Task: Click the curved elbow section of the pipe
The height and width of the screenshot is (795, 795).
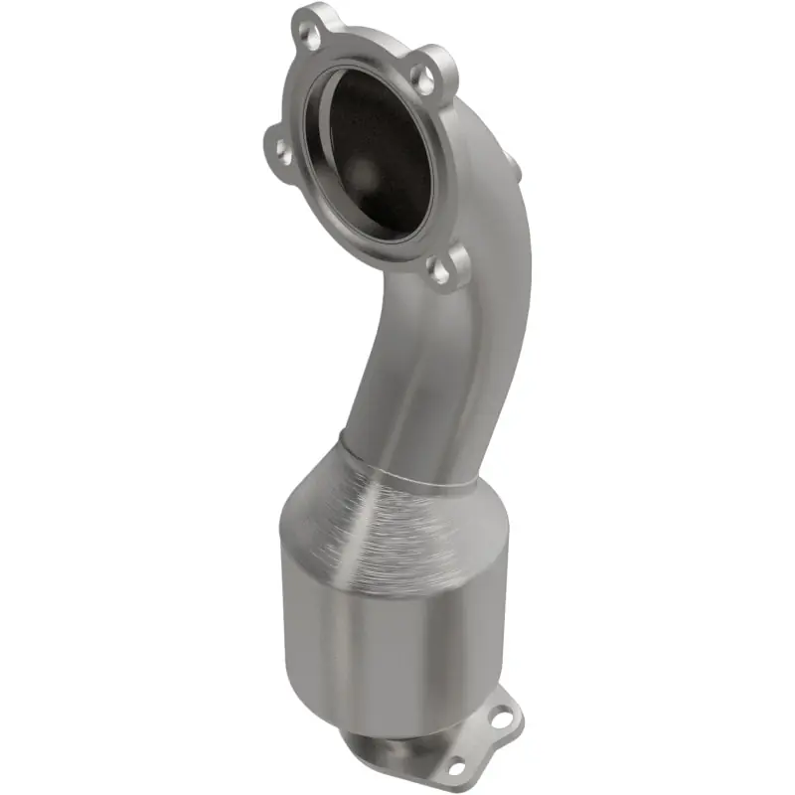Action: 437,378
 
